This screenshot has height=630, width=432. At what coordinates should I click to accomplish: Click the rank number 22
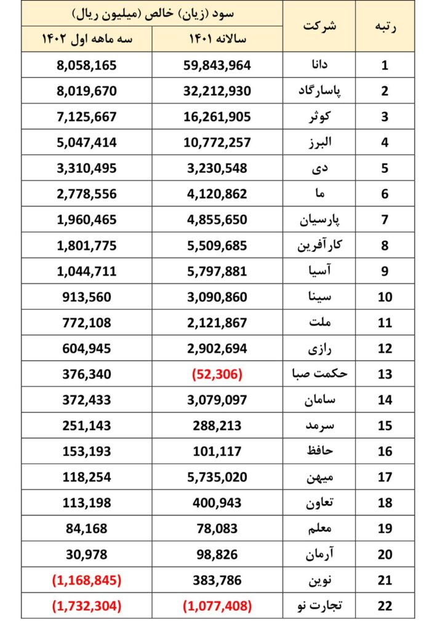(x=385, y=606)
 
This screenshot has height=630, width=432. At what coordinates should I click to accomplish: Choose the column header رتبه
(x=385, y=26)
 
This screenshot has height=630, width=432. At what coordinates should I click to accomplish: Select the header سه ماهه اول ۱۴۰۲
(x=87, y=39)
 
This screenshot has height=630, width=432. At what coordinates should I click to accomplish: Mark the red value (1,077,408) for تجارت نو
(x=217, y=606)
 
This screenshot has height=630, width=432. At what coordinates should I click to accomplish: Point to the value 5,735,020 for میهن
(x=217, y=477)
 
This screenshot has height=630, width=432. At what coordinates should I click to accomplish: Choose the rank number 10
(x=385, y=297)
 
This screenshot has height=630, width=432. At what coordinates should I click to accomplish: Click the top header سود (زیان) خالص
(x=153, y=13)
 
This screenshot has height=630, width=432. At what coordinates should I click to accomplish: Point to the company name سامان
(x=318, y=400)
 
